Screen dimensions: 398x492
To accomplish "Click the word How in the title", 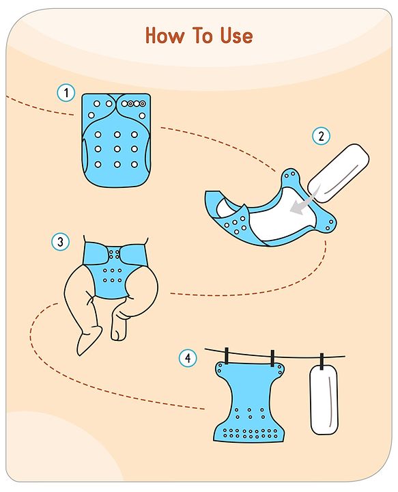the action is pos(165,35).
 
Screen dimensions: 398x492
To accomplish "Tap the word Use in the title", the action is pos(236,35).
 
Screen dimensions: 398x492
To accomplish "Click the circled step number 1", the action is pos(66,92).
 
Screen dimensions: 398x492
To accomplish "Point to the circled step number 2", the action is pos(321,136).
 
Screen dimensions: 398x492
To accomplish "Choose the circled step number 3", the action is pos(60,242).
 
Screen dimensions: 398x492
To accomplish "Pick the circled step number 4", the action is pos(188,357).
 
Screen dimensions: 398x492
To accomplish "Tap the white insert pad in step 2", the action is pos(339,173).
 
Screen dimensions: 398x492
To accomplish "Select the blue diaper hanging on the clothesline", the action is pos(250,402).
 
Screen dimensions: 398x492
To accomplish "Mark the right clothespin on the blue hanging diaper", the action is pos(272,358).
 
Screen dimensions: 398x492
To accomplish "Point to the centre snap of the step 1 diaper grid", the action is pos(117,149).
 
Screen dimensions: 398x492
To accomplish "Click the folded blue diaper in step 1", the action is pos(116,140).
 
